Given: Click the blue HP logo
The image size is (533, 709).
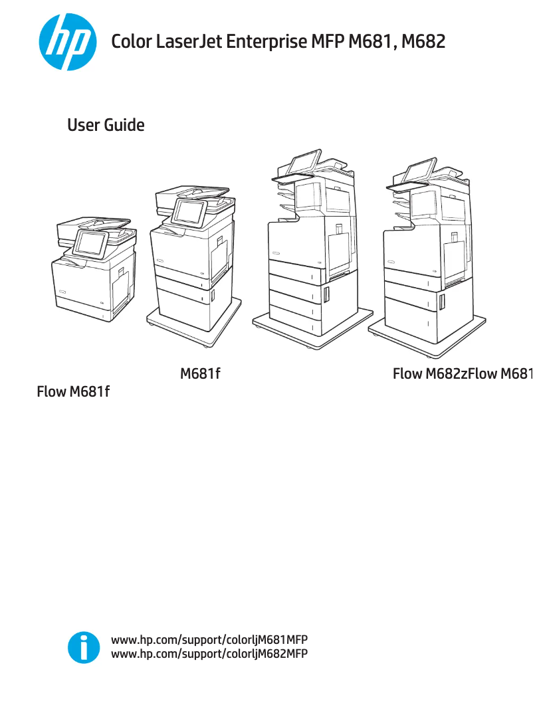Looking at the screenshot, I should (66, 43).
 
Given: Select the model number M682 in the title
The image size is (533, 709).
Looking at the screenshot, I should (423, 43).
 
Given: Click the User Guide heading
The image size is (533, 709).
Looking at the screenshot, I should (106, 125).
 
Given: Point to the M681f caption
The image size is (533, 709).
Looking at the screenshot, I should (200, 374).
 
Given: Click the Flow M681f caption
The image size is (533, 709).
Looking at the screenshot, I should (73, 392).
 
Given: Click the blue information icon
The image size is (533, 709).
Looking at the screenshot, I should (83, 647).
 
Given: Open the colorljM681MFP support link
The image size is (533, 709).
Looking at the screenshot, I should (209, 640).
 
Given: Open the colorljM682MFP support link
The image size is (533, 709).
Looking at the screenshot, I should (209, 654).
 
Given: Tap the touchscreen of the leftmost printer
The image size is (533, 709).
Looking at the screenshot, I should (90, 243).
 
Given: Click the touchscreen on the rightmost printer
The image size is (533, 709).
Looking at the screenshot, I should (419, 171).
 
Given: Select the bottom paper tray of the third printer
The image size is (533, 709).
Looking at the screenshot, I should (292, 312).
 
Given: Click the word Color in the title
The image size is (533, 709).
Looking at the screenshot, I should (131, 43).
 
